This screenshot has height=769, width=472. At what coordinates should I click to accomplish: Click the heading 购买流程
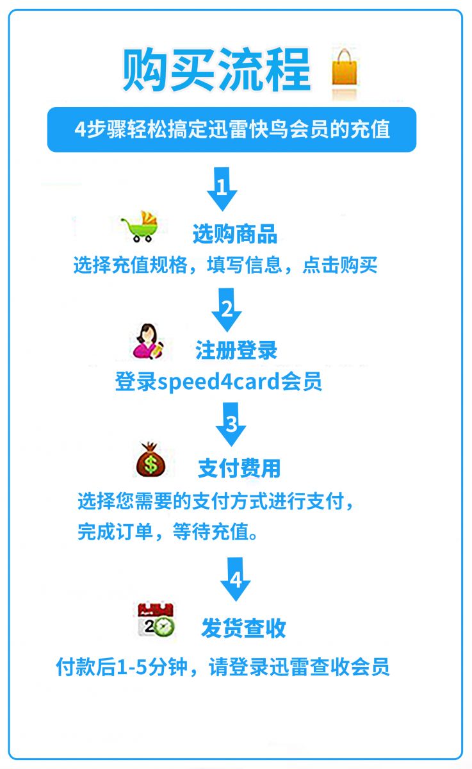coord(217,70)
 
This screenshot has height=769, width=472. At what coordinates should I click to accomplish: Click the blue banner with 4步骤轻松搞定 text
coord(232,129)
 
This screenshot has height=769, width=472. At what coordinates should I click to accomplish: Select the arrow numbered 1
coord(222,189)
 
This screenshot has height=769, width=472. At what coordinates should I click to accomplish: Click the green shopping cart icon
coord(140,226)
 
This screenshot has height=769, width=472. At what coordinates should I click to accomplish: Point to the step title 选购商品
coord(235,234)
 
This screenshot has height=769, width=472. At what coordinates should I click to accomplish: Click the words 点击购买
coord(340,265)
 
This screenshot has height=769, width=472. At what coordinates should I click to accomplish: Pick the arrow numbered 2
coord(227,310)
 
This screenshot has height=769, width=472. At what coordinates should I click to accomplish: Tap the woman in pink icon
coord(148,341)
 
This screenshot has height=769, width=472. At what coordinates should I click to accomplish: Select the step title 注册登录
coord(236,350)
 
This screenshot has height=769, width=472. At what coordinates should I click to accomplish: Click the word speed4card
coord(218,382)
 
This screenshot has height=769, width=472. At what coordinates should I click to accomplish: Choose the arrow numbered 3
coord(231,424)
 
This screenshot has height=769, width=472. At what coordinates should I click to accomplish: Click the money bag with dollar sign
coord(151,459)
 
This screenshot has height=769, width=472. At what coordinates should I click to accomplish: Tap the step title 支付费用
coord(239,468)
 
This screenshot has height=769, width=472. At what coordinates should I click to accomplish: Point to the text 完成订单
coord(115,532)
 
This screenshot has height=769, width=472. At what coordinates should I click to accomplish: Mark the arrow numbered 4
coord(235,579)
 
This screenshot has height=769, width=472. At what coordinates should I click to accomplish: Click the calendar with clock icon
coord(156,620)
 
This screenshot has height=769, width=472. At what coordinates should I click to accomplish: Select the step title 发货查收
coord(243,628)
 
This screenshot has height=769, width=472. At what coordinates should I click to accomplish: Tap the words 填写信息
coord(245,265)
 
